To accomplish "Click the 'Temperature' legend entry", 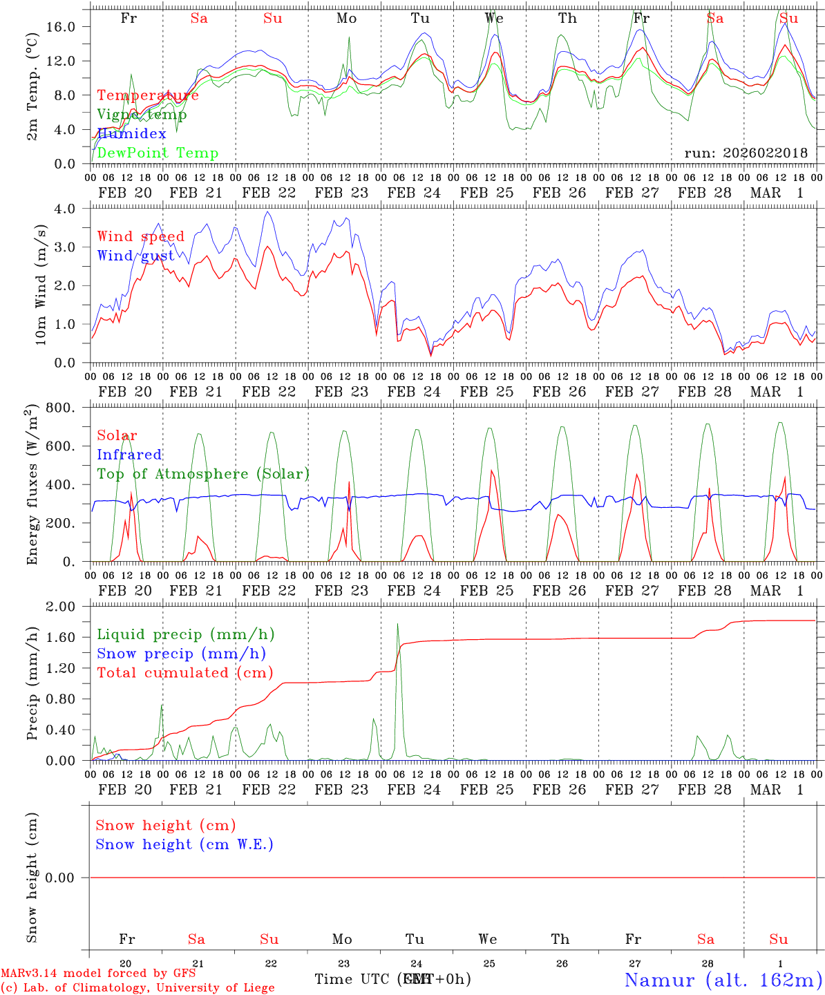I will (x=148, y=95).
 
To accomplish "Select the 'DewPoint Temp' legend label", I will (x=158, y=153).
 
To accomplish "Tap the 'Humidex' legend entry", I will (x=131, y=134).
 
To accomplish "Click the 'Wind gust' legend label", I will (x=135, y=256).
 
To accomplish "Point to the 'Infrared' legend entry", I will (x=129, y=455).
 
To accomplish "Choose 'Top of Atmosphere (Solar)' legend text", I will (x=203, y=474).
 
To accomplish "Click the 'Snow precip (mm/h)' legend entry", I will (x=181, y=654).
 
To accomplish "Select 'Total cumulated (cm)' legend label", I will (x=184, y=673).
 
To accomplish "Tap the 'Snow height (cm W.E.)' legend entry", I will (x=184, y=844).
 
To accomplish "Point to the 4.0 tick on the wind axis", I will (x=71, y=209).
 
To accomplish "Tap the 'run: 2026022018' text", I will (x=746, y=153).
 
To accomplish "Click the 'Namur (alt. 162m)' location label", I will (x=723, y=980).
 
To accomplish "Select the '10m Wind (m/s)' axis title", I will (x=41, y=285).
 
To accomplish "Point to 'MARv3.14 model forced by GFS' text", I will (x=98, y=974).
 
